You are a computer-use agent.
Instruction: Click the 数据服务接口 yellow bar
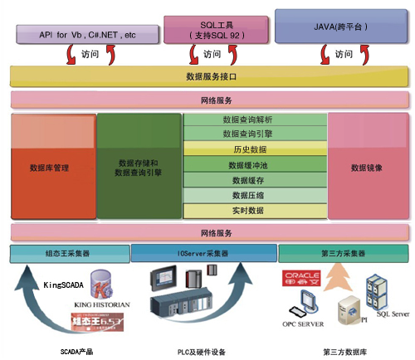(x=207, y=76)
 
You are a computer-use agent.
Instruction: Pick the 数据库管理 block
(x=49, y=167)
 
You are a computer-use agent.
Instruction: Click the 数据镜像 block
(x=366, y=167)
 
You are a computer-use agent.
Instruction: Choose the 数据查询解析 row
(x=254, y=119)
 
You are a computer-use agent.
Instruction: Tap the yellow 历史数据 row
(x=254, y=149)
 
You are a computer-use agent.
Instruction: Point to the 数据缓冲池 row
(x=254, y=165)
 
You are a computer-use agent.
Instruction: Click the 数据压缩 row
(x=254, y=195)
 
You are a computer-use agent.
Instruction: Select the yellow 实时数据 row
(x=254, y=211)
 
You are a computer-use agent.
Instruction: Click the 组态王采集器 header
(x=68, y=252)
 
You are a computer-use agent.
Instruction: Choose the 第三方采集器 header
(x=341, y=252)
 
